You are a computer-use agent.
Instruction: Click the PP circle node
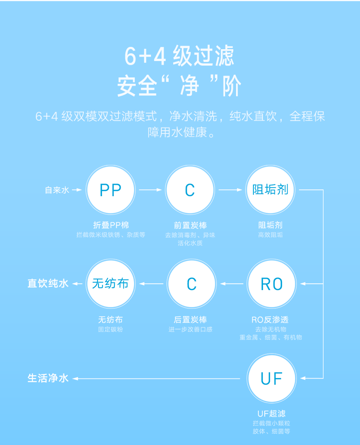point(111,190)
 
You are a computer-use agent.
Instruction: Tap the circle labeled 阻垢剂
point(271,190)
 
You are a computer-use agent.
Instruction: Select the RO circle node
point(272,284)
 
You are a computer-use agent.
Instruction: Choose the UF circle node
point(272,379)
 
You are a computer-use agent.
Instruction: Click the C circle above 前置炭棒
point(190,190)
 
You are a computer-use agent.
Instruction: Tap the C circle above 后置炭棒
point(191,284)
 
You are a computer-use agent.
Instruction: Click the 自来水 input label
point(57,190)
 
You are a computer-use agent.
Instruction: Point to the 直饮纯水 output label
point(48,284)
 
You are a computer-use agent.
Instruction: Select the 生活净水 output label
point(48,379)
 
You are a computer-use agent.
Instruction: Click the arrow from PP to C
point(150,190)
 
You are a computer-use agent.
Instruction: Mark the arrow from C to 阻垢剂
point(230,190)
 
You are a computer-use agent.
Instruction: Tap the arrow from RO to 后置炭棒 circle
point(232,284)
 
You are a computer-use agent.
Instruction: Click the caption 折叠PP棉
point(111,225)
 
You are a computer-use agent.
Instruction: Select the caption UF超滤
point(272,414)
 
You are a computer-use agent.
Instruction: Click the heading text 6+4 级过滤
point(180,56)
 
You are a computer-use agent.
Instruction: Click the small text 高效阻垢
point(270,235)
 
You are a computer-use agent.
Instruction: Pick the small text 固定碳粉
point(110,329)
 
